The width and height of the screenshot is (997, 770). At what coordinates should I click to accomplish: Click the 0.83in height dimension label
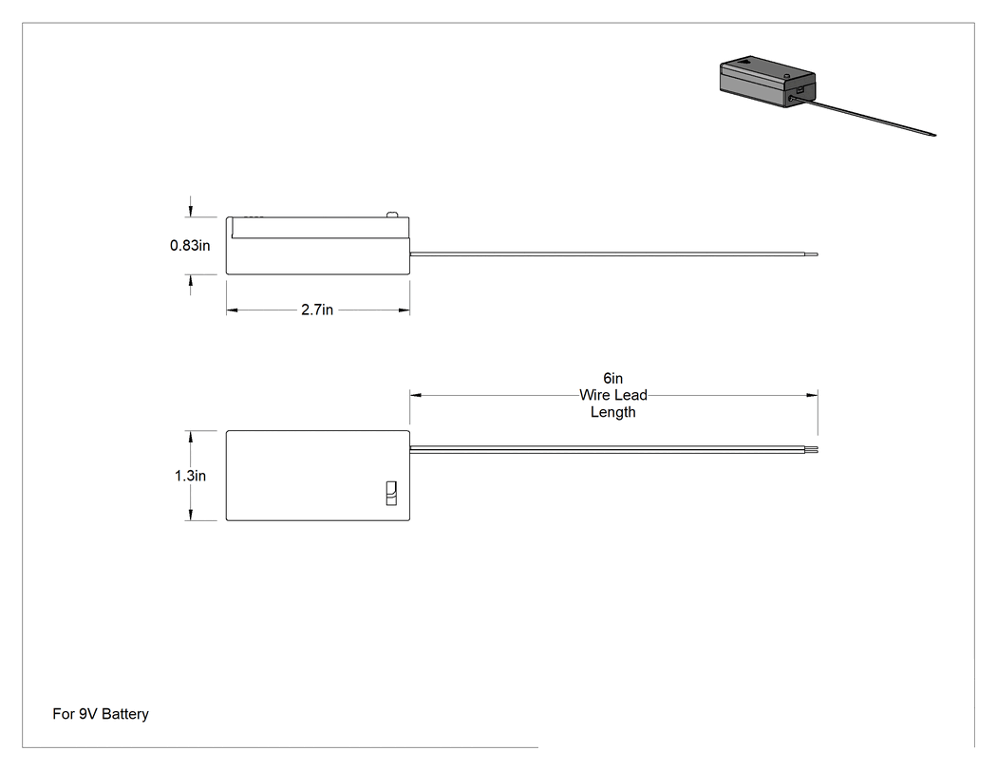pos(190,246)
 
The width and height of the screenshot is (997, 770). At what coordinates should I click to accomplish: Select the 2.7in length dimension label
pos(317,310)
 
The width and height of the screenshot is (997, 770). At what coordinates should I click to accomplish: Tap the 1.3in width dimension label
pos(190,476)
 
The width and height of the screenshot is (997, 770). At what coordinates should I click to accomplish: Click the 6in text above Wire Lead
pos(613,378)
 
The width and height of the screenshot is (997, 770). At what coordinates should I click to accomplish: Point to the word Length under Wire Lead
pos(613,412)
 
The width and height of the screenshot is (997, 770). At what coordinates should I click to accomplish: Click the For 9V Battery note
pos(101,714)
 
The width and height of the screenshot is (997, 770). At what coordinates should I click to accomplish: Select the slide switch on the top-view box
pos(391,494)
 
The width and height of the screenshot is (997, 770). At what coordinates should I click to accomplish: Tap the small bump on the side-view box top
pos(391,215)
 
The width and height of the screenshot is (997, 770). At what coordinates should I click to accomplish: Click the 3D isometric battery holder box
pos(767,82)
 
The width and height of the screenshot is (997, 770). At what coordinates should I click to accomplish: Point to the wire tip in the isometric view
pos(933,135)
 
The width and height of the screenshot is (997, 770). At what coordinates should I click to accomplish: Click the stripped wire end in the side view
pos(811,254)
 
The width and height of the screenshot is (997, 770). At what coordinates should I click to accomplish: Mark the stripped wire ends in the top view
pos(811,449)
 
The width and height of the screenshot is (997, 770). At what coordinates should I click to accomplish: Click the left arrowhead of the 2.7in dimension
pos(232,310)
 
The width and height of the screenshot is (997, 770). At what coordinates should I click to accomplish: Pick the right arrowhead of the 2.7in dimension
pos(404,310)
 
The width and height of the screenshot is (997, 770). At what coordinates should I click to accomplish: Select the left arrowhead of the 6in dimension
pos(416,396)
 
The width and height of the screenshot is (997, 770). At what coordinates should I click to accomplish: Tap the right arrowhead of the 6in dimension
pos(812,396)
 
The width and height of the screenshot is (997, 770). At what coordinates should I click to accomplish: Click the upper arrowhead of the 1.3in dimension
pos(190,437)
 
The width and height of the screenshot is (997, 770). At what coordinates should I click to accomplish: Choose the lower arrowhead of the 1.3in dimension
pos(190,515)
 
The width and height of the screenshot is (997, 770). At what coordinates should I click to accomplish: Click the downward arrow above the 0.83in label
pos(190,207)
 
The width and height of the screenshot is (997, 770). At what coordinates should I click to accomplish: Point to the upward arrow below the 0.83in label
pos(190,285)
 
